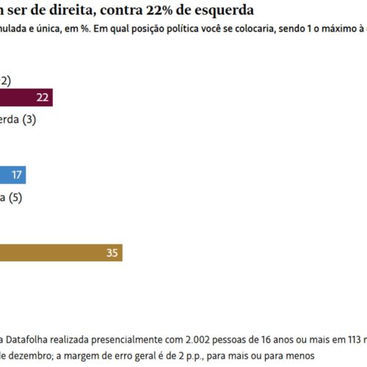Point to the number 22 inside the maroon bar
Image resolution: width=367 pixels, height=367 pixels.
[42, 98]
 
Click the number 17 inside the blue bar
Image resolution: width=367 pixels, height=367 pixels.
[15, 175]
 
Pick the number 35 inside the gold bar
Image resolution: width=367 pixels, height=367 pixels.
[112, 252]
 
